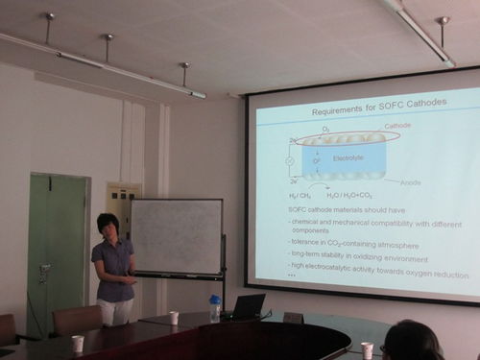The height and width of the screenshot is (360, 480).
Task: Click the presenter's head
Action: click(108, 227)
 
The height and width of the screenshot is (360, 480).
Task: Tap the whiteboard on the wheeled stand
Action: click(177, 236)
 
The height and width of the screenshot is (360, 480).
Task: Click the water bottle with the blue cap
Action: click(215, 307)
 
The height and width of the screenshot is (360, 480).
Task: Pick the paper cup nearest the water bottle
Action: click(174, 318)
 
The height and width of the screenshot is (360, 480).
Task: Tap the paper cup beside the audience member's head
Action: click(367, 349)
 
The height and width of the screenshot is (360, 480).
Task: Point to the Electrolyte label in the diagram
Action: click(348, 157)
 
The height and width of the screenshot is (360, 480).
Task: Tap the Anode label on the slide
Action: click(411, 182)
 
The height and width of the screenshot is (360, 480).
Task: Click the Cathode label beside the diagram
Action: click(397, 126)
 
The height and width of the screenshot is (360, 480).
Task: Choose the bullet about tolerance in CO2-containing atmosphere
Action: click(355, 244)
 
